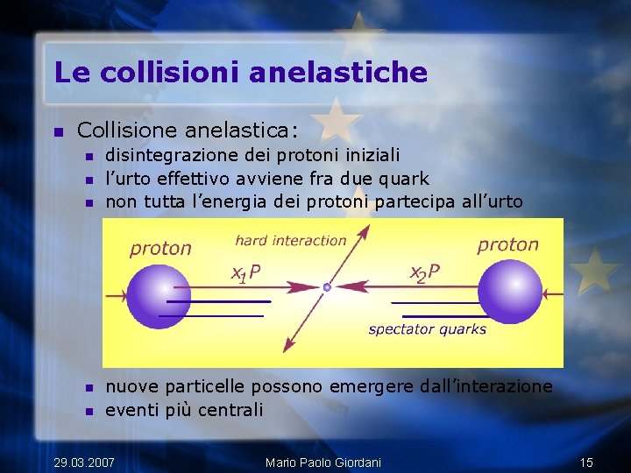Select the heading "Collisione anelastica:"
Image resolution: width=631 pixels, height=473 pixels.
pos(188,131)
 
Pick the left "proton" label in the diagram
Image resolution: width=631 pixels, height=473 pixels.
pos(160,248)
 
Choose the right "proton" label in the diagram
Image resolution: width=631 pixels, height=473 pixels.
pos(507,244)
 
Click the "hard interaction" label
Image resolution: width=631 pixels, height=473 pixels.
pos(291,240)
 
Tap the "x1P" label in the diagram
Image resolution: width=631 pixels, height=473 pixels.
pos(245,273)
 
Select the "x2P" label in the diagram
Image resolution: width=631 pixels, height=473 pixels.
pos(425,272)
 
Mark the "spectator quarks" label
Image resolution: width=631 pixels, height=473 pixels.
pos(427,329)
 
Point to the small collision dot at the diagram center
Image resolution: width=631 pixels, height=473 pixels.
pos(327,286)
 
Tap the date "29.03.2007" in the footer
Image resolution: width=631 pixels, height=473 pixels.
pos(84,462)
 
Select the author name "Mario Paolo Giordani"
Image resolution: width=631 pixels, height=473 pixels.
pos(323,462)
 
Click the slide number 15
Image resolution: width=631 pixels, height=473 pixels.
pos(586,462)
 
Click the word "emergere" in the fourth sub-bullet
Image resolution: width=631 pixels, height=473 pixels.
pos(369,386)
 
